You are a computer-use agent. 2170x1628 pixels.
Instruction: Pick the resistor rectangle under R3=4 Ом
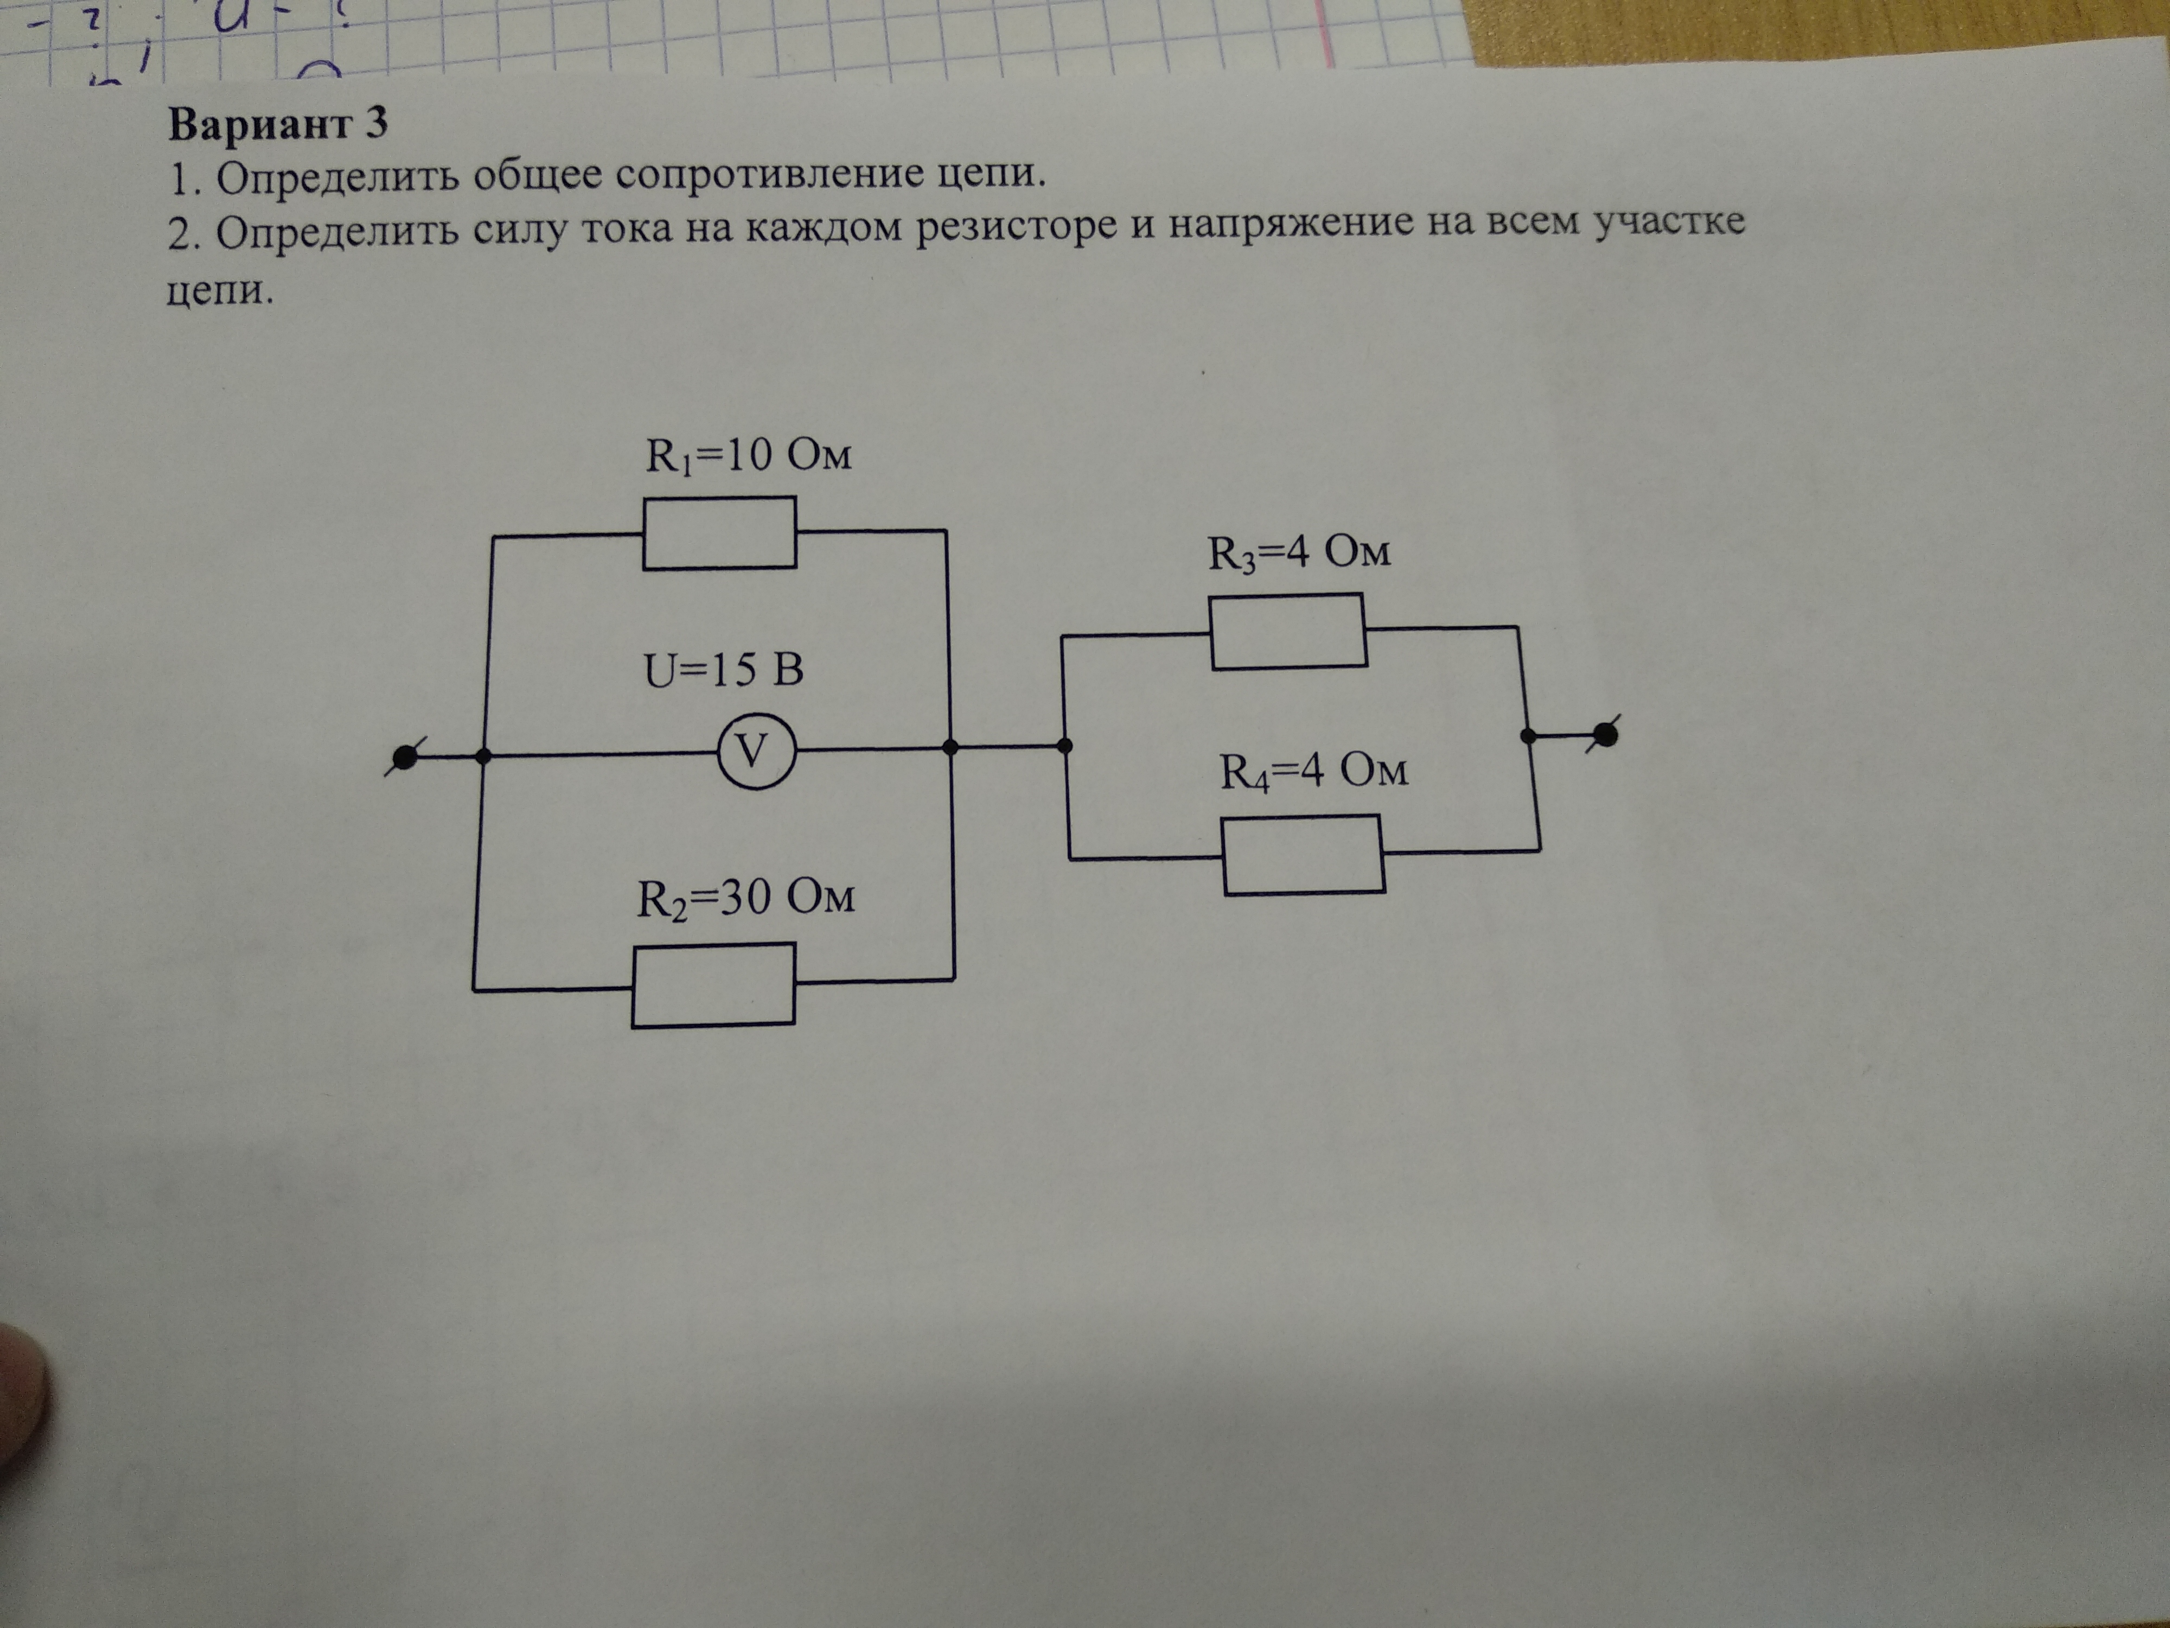[1288, 631]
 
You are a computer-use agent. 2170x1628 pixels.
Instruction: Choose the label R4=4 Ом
[1313, 771]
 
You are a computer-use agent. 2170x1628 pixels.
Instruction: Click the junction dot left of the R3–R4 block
[1065, 746]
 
